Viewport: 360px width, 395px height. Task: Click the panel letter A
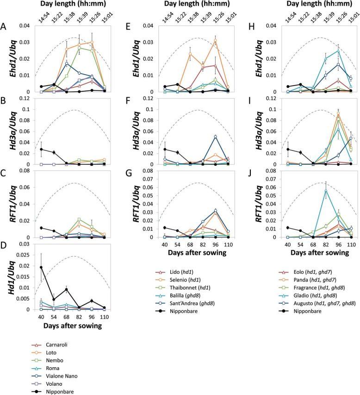coord(4,26)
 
